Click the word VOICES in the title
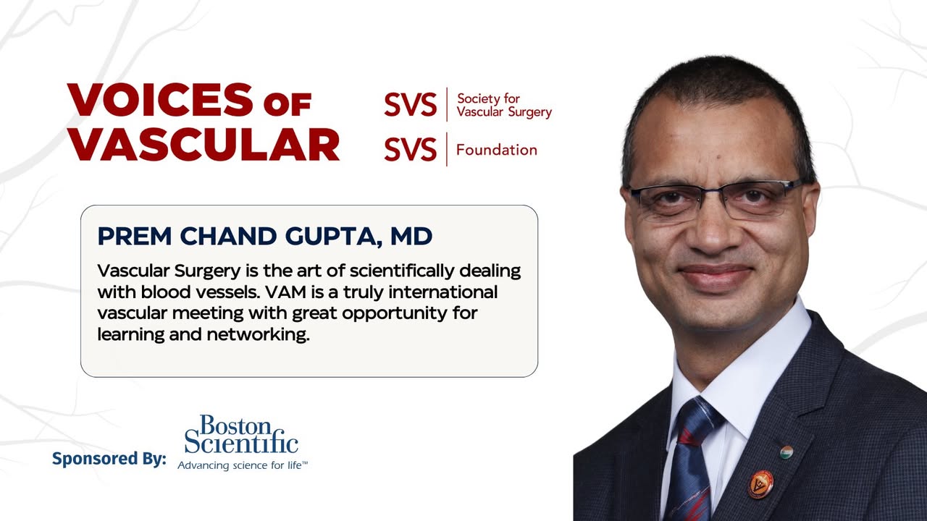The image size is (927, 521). pyautogui.click(x=160, y=100)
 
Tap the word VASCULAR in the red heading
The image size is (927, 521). pyautogui.click(x=204, y=144)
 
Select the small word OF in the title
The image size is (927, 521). pyautogui.click(x=288, y=105)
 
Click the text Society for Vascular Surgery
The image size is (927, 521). pyautogui.click(x=504, y=105)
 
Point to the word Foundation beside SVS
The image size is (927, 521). pyautogui.click(x=497, y=150)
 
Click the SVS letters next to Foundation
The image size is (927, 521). pyautogui.click(x=410, y=149)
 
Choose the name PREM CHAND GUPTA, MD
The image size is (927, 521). pyautogui.click(x=265, y=236)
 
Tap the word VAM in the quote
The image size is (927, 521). pyautogui.click(x=285, y=292)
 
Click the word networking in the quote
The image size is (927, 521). pyautogui.click(x=258, y=334)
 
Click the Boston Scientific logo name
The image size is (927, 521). pyautogui.click(x=241, y=434)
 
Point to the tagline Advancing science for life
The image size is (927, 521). pyautogui.click(x=243, y=465)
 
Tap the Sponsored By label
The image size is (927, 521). pyautogui.click(x=109, y=459)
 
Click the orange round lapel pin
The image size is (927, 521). pyautogui.click(x=760, y=484)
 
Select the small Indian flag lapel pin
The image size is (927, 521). pyautogui.click(x=787, y=452)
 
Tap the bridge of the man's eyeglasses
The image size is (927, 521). pyautogui.click(x=712, y=195)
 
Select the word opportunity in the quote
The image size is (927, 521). pyautogui.click(x=395, y=314)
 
